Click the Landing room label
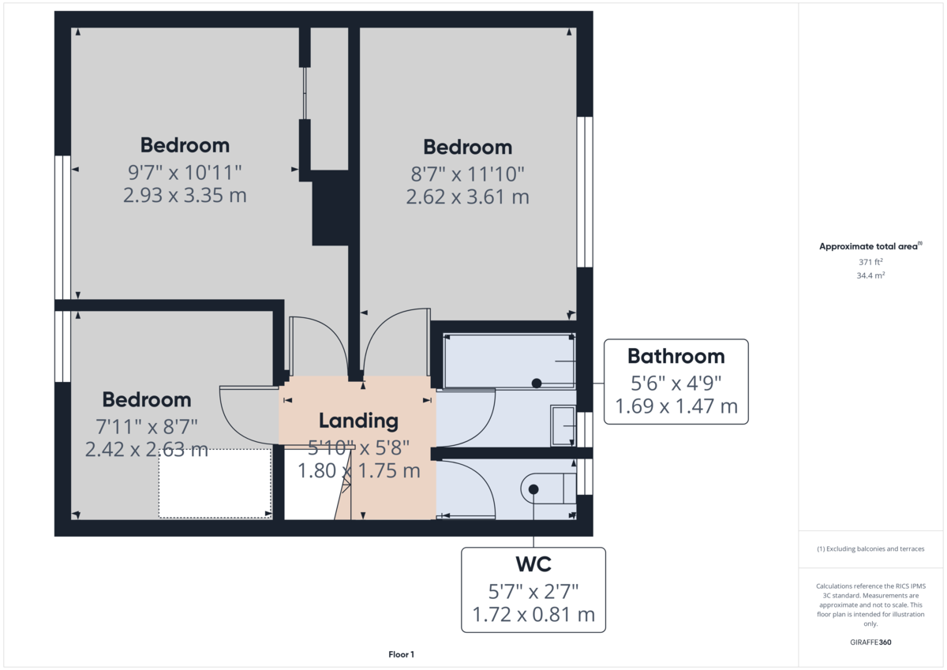click(357, 421)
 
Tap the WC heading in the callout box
click(533, 564)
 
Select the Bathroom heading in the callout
click(676, 356)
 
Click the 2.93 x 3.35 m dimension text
click(185, 195)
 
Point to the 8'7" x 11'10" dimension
click(467, 172)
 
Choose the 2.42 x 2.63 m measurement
click(146, 450)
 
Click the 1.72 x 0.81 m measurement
click(533, 614)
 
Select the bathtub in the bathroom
click(509, 361)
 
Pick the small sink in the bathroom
click(563, 426)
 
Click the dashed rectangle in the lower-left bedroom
click(215, 484)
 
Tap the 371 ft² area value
click(870, 262)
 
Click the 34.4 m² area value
click(870, 275)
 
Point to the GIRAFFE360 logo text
click(870, 642)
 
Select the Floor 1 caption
click(401, 654)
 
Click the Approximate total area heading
click(869, 247)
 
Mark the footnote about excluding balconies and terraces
click(870, 548)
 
